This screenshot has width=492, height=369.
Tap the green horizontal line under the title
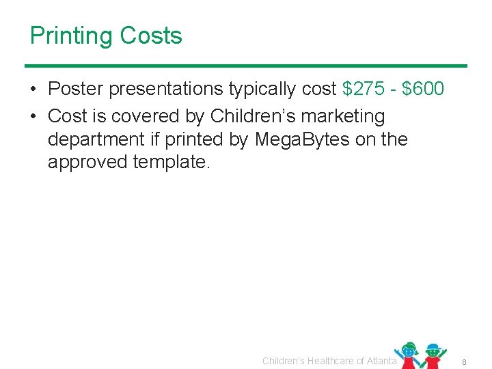click(x=246, y=66)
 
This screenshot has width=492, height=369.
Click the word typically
click(x=265, y=90)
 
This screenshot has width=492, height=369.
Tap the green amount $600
click(x=424, y=89)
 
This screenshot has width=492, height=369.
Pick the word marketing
click(x=347, y=117)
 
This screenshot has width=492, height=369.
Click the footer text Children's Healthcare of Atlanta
click(x=329, y=361)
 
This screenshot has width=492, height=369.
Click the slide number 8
click(x=463, y=361)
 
